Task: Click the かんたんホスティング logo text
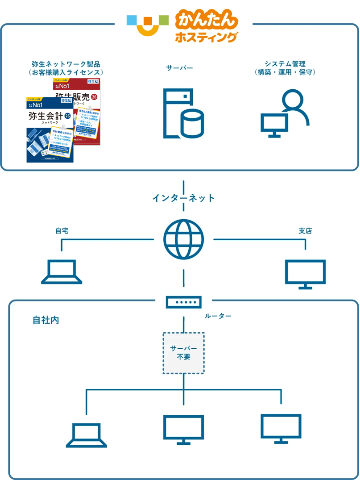point(207,28)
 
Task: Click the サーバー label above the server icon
point(179,68)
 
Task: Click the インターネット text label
point(183,198)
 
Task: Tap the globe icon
point(183,240)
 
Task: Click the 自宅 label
point(61,231)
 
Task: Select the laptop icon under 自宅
point(62,272)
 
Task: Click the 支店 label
point(305,231)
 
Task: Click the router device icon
point(183,302)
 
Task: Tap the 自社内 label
point(46,320)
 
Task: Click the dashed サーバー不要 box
point(183,353)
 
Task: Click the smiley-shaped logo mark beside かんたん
point(148,25)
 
